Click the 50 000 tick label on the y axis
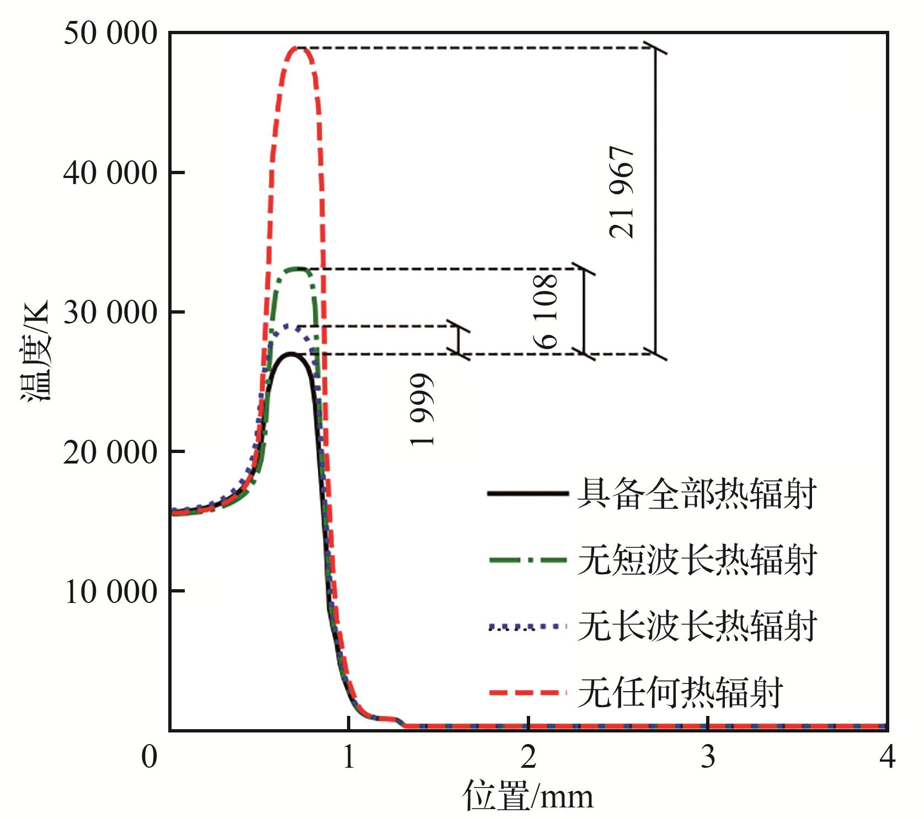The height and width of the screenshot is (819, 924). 110,34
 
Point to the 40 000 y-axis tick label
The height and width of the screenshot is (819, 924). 110,174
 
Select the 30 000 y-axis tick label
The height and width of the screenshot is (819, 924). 110,313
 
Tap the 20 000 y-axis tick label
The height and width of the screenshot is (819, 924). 110,452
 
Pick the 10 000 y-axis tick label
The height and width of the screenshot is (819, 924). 110,592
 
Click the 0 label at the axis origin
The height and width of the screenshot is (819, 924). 149,757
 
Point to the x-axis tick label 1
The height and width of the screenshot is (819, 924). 348,757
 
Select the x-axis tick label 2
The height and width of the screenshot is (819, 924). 528,757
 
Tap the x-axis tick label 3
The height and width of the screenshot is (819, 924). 708,757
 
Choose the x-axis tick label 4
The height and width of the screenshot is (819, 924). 887,757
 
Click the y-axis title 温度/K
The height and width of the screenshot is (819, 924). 35,351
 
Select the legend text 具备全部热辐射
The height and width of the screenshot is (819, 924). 696,494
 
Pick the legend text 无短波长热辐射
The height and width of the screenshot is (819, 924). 696,561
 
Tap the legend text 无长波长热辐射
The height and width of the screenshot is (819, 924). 696,627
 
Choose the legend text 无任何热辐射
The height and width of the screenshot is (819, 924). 680,693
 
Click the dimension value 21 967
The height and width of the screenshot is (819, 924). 622,192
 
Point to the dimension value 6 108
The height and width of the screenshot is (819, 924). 547,311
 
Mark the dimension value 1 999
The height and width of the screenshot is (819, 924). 423,409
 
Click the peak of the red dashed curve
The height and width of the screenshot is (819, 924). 298,48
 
